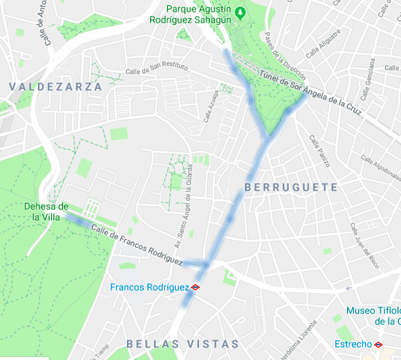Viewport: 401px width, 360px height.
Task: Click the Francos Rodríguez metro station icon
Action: [195, 287]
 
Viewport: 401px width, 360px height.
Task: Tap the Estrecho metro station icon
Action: [378, 343]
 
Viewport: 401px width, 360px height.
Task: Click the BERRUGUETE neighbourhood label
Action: [291, 187]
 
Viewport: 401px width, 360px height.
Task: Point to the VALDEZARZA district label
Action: [55, 86]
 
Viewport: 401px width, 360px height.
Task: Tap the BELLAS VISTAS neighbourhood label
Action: [182, 343]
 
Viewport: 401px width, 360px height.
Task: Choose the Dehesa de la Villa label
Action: [45, 211]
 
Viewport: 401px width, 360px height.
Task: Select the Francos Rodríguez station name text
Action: [149, 287]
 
